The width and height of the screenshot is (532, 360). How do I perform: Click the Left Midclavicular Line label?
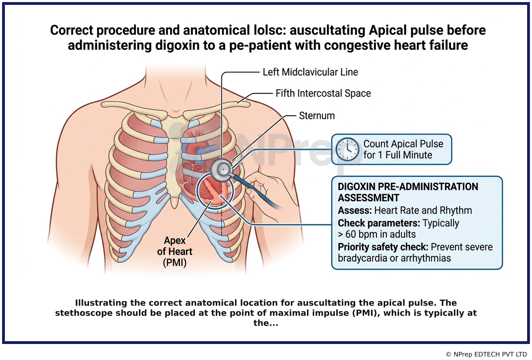[310, 72]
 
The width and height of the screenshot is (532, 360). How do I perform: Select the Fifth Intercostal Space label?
[323, 93]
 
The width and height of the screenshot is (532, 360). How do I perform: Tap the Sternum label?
[317, 116]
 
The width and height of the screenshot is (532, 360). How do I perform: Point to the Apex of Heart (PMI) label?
[174, 251]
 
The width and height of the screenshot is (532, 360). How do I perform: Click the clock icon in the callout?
[347, 149]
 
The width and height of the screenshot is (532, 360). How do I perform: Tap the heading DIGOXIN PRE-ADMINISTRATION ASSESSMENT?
[408, 192]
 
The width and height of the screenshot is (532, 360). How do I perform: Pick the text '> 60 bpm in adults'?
[377, 234]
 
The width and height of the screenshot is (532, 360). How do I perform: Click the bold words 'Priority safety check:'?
[383, 247]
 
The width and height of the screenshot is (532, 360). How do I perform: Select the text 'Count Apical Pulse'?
[403, 144]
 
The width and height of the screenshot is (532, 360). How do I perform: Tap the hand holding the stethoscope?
[268, 190]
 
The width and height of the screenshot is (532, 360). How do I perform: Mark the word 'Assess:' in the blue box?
[354, 210]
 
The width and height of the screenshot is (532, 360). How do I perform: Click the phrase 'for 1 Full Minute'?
[398, 155]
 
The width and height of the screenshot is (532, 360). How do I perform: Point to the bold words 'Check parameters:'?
[379, 223]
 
